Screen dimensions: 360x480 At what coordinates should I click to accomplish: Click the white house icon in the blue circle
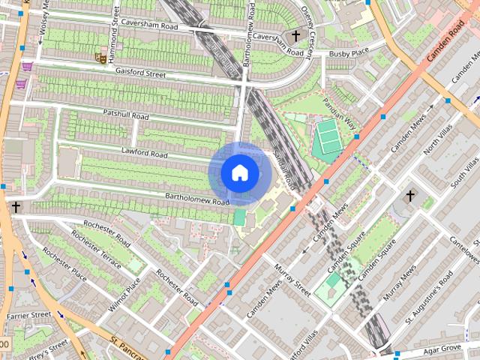coord(239,173)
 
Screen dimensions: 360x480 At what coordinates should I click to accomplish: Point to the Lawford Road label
coord(145,152)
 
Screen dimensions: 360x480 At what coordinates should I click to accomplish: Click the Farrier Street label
coord(28,316)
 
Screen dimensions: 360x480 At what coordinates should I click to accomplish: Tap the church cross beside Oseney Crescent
coord(295,36)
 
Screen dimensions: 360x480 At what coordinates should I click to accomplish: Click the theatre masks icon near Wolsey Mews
coord(99,56)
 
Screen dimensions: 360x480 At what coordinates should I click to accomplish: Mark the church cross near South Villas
coord(409,196)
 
